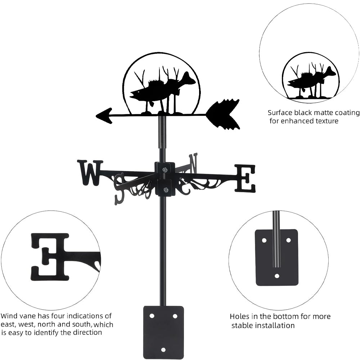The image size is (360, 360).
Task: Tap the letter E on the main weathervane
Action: pyautogui.click(x=245, y=178)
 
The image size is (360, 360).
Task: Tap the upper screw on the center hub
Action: pyautogui.click(x=165, y=170)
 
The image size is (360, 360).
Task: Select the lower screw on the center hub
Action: pyautogui.click(x=165, y=190)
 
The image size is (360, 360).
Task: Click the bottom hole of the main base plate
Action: pyautogui.click(x=163, y=350)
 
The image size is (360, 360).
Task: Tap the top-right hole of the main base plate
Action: pyautogui.click(x=175, y=316)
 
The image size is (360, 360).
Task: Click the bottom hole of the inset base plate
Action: pyautogui.click(x=277, y=276)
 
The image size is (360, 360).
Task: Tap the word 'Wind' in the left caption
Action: pyautogui.click(x=8, y=316)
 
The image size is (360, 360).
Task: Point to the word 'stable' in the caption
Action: pyautogui.click(x=245, y=326)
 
